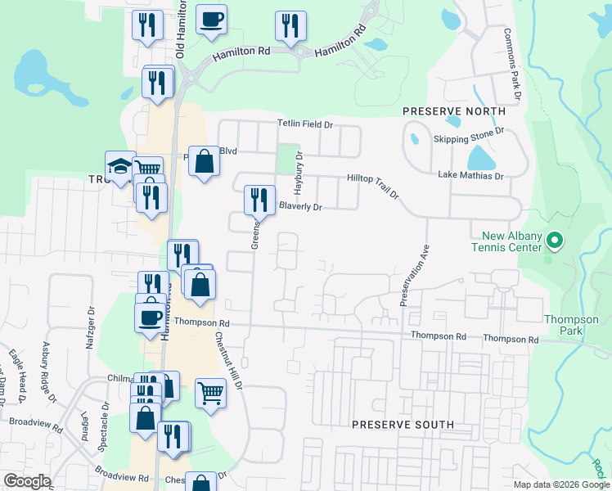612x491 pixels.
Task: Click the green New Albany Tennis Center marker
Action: pyautogui.click(x=554, y=241)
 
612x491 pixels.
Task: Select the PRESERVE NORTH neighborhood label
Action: pyautogui.click(x=453, y=110)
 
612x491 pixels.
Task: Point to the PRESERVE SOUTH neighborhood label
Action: pyautogui.click(x=403, y=425)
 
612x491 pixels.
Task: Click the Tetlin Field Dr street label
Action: pyautogui.click(x=305, y=124)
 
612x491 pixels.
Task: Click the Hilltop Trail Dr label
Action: pyautogui.click(x=372, y=186)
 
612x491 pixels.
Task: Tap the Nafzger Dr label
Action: pyautogui.click(x=91, y=327)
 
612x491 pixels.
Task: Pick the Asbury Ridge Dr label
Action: pyautogui.click(x=50, y=373)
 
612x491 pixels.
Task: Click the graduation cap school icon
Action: pyautogui.click(x=119, y=165)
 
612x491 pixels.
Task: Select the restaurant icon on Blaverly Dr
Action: pyautogui.click(x=259, y=200)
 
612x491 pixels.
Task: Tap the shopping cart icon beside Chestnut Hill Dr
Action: pyautogui.click(x=210, y=393)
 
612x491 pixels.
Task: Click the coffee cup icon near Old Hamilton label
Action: pyautogui.click(x=211, y=20)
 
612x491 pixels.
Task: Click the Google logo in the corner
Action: pyautogui.click(x=28, y=481)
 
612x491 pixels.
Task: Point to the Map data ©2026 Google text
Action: pyautogui.click(x=561, y=484)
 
